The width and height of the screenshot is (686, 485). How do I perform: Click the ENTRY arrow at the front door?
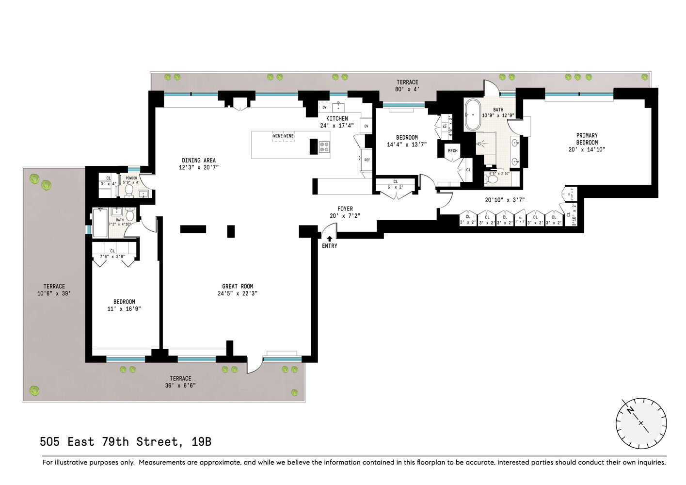[329, 239]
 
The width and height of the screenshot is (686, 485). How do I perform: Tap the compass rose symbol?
[641, 423]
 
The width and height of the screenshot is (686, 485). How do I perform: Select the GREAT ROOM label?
[238, 287]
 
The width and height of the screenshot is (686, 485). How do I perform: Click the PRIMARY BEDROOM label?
[587, 139]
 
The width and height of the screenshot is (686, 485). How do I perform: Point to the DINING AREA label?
[199, 161]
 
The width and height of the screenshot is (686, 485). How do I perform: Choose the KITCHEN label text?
[337, 119]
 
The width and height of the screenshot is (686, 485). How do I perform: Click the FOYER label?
[345, 209]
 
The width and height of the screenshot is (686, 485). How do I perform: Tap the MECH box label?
[452, 151]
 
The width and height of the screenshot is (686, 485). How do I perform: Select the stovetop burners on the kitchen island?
[324, 146]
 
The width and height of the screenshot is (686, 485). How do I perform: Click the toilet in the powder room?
[129, 191]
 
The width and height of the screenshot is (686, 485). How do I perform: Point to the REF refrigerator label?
[367, 160]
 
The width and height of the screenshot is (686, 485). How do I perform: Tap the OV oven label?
[366, 126]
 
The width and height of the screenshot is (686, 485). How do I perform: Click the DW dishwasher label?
[324, 108]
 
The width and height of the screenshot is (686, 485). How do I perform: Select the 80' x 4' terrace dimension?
[407, 89]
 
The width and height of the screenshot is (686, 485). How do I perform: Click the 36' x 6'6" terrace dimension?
[180, 386]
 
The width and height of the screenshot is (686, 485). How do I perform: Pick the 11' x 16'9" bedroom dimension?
[124, 309]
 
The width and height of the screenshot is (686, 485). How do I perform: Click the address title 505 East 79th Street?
[126, 442]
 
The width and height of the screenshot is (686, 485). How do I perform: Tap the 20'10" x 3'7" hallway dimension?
[505, 200]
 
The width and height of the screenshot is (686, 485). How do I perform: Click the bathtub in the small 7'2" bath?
[100, 223]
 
